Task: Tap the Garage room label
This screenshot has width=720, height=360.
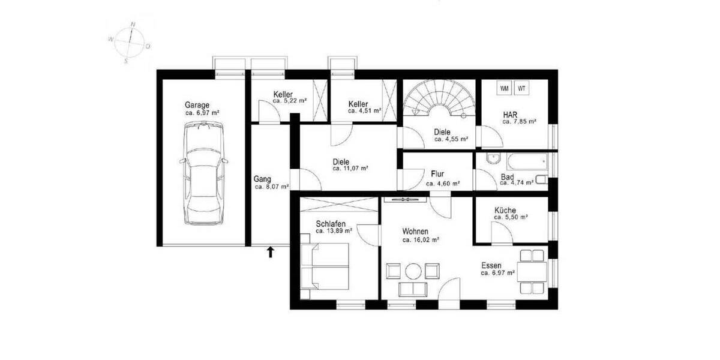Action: [x=197, y=105]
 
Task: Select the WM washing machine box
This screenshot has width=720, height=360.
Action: [x=505, y=89]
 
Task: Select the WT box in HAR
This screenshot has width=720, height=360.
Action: [x=522, y=89]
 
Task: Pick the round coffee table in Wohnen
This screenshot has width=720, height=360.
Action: [x=413, y=271]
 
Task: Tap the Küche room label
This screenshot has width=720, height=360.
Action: [x=505, y=211]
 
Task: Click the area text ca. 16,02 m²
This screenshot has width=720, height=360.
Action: [x=421, y=239]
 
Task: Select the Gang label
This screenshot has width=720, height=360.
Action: [x=262, y=179]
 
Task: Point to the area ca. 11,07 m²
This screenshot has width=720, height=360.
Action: [x=350, y=169]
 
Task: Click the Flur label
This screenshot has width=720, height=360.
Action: [x=437, y=174]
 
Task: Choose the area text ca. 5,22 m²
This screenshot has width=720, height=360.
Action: [x=290, y=101]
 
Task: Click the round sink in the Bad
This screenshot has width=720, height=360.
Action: [x=493, y=160]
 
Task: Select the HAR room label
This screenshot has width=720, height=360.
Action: [x=511, y=113]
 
